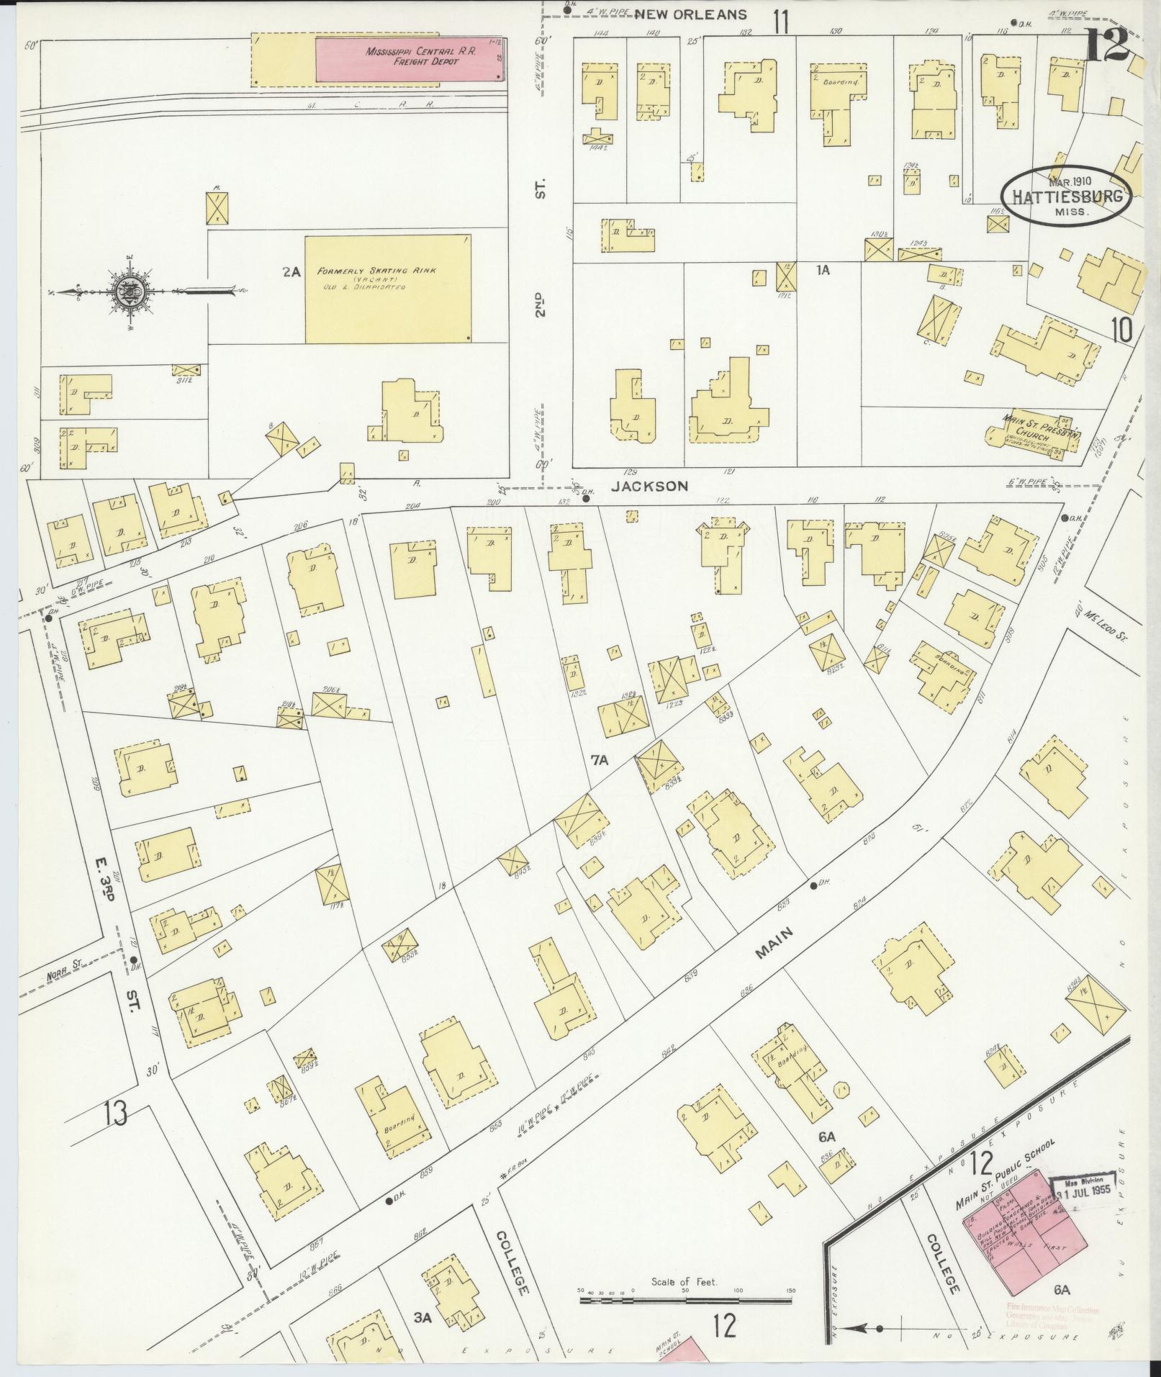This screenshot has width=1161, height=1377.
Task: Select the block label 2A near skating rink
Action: (291, 272)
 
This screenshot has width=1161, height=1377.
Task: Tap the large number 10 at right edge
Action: (1121, 330)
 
